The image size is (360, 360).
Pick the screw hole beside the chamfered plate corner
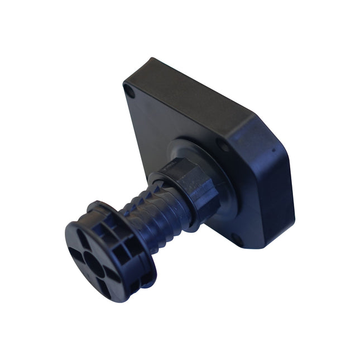(224, 146)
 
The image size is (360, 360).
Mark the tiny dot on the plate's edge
(273, 150)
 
